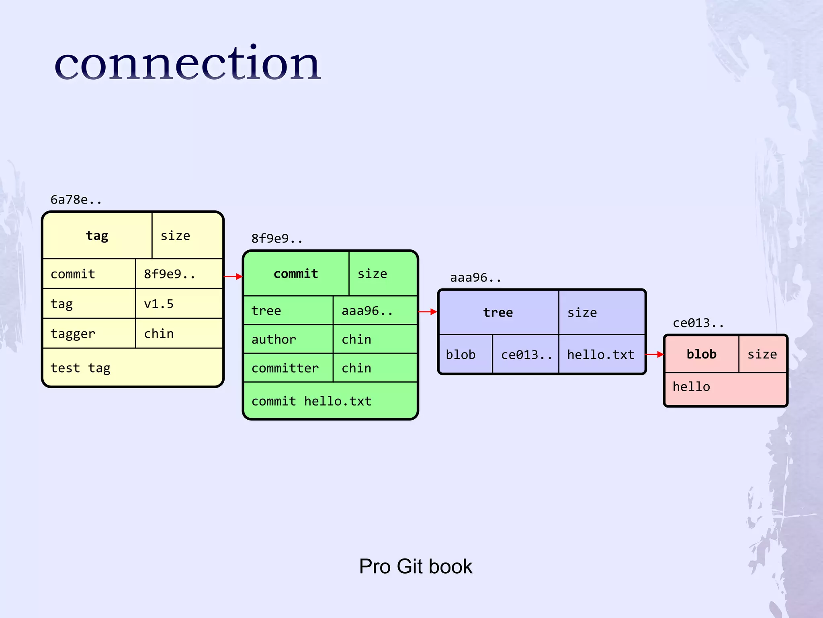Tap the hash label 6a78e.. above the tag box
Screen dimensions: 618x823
click(x=76, y=200)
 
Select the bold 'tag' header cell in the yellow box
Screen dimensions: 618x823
click(x=97, y=235)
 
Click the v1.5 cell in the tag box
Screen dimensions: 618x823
click(x=179, y=304)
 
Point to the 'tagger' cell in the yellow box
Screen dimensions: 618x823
click(x=89, y=334)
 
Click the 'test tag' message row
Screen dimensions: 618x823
click(x=133, y=368)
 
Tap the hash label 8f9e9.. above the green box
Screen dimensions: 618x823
click(x=277, y=239)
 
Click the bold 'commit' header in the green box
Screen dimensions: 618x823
click(x=296, y=274)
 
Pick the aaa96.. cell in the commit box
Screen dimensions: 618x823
click(x=375, y=311)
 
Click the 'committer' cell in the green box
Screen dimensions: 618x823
click(x=288, y=368)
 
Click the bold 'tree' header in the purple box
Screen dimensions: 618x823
click(x=498, y=313)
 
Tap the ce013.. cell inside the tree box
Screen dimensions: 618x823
click(x=526, y=354)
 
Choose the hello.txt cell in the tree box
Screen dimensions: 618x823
click(x=601, y=354)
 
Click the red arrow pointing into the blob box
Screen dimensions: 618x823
click(x=654, y=354)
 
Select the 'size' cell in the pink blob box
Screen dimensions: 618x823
click(x=762, y=354)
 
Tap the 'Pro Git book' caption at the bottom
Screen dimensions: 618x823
click(x=416, y=566)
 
